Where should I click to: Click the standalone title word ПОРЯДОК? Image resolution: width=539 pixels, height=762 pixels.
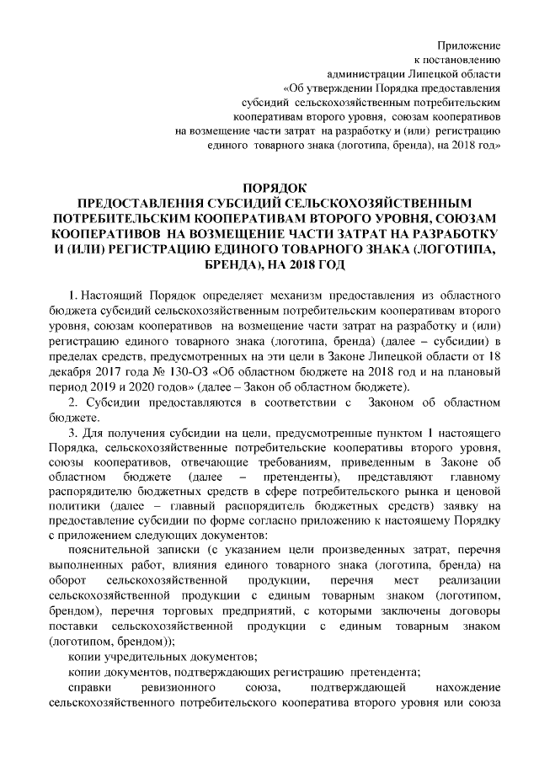pyautogui.click(x=269, y=188)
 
